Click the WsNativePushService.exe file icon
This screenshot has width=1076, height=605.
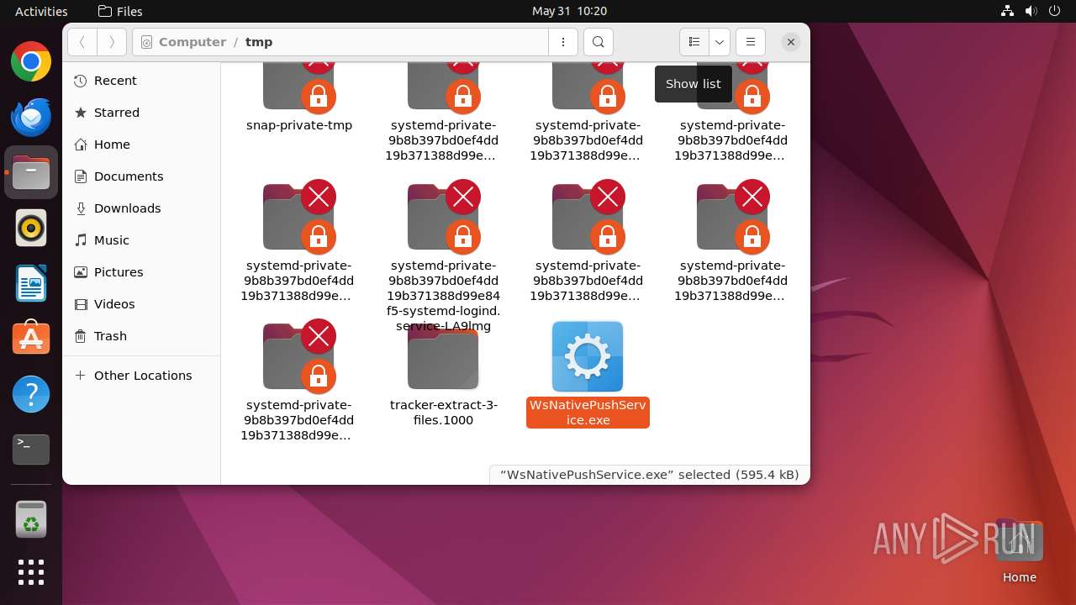coord(587,356)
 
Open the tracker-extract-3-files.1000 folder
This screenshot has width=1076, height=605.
coord(443,360)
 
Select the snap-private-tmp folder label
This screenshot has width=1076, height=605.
coord(299,125)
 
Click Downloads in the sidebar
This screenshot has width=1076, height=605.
coord(127,208)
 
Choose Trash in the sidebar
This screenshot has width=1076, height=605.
coord(110,336)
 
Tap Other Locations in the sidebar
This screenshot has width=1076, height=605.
coord(142,376)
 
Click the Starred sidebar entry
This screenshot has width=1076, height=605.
coord(116,113)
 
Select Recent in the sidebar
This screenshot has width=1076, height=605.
coord(115,81)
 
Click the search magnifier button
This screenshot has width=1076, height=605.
coord(598,42)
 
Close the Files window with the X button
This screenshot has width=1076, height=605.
coord(790,42)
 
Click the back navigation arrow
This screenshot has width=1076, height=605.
coord(82,42)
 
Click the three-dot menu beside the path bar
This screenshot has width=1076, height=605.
coord(562,42)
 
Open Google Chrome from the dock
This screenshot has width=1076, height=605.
coord(31,62)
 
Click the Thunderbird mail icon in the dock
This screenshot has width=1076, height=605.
coord(31,118)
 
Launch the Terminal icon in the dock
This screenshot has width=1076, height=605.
coord(31,450)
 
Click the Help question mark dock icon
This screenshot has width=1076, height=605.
coord(31,394)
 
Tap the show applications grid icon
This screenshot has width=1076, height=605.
coord(31,572)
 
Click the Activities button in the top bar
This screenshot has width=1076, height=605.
coord(41,11)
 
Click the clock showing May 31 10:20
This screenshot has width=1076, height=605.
coord(569,11)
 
